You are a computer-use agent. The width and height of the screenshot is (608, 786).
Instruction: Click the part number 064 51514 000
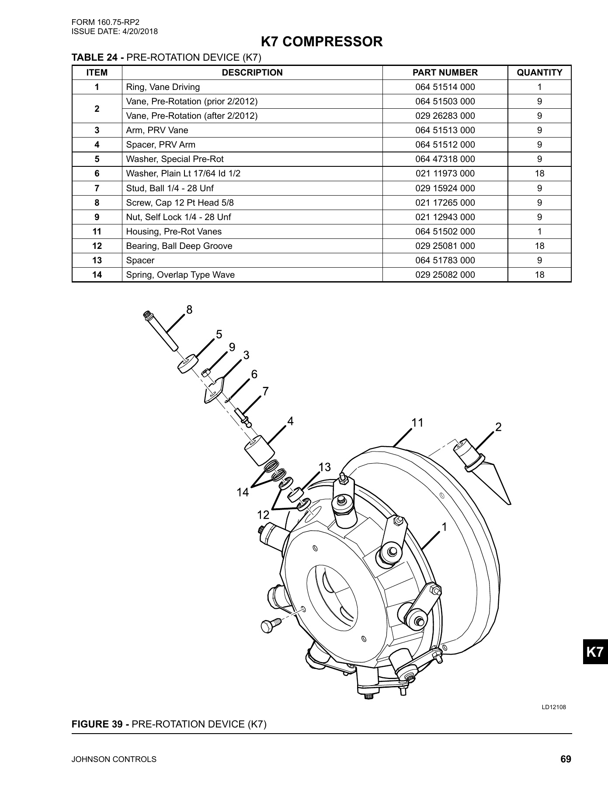click(x=445, y=87)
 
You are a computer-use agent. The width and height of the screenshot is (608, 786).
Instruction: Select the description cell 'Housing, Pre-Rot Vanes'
click(x=174, y=231)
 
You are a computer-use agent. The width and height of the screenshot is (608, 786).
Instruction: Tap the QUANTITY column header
click(x=539, y=72)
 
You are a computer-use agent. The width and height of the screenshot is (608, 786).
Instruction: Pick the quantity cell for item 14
click(x=539, y=275)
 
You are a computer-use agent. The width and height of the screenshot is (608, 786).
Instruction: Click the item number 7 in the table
click(x=97, y=188)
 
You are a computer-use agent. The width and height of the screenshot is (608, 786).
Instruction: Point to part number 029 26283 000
click(x=445, y=116)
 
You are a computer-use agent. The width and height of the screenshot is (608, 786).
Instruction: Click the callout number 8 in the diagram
click(x=189, y=310)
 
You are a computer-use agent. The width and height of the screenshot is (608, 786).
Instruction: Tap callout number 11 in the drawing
click(x=417, y=423)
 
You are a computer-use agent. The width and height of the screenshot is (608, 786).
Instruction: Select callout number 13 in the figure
click(x=324, y=467)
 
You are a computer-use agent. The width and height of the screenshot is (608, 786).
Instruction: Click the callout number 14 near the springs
click(x=243, y=493)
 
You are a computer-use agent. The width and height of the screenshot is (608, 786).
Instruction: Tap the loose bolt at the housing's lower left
click(x=268, y=625)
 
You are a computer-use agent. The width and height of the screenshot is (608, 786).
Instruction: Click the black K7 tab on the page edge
click(x=595, y=652)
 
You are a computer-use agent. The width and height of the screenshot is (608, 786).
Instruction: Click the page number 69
click(x=566, y=759)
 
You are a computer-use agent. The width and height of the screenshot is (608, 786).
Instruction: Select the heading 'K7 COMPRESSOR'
click(x=321, y=42)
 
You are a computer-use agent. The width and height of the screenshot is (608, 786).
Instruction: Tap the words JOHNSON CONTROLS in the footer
click(x=114, y=760)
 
